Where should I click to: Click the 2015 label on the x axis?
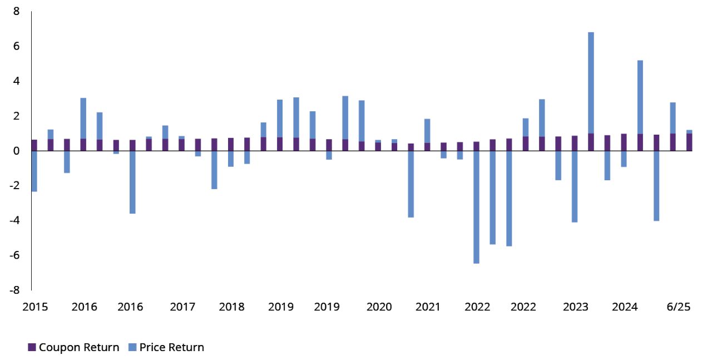click(34, 307)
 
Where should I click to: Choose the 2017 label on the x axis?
click(182, 307)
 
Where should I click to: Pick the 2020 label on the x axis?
click(379, 307)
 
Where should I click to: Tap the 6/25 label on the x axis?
click(678, 307)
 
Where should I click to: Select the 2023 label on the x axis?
click(576, 307)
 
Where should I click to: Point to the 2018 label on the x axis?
click(231, 307)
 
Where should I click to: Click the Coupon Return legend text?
click(79, 348)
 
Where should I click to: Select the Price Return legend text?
click(172, 348)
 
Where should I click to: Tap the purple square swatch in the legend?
click(32, 348)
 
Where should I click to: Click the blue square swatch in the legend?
click(132, 348)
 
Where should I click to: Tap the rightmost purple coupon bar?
click(689, 142)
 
